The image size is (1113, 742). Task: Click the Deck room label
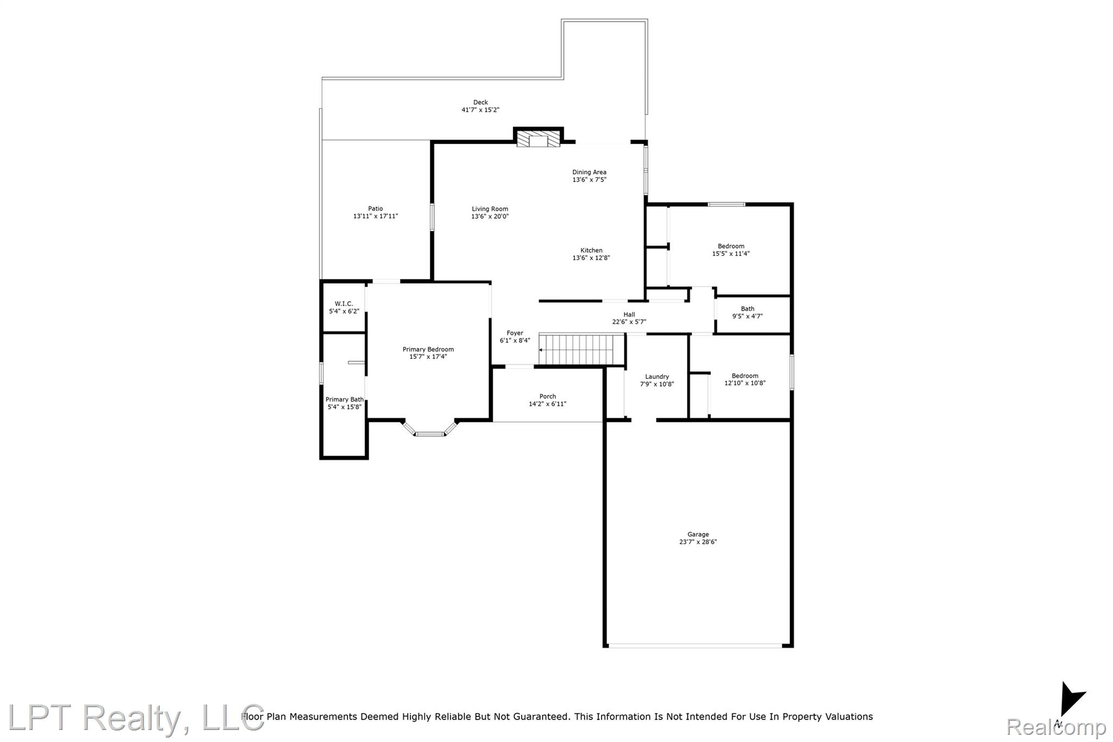(x=480, y=102)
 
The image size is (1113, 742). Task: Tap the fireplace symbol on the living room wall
(x=538, y=139)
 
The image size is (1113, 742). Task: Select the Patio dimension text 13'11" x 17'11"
(x=376, y=216)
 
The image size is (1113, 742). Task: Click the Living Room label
(x=490, y=209)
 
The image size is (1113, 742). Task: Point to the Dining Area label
(x=589, y=172)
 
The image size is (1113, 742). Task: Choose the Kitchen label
(x=591, y=251)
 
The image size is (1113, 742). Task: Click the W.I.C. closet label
(x=344, y=304)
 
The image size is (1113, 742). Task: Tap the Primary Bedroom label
(x=428, y=350)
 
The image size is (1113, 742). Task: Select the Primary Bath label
(x=345, y=400)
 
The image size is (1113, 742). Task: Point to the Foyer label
(x=515, y=333)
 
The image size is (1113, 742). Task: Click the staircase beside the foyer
(x=581, y=350)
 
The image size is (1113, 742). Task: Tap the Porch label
(x=548, y=396)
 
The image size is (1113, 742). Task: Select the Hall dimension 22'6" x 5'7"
(x=629, y=322)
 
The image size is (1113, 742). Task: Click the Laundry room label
(x=657, y=377)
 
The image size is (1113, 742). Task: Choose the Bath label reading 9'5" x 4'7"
(x=747, y=313)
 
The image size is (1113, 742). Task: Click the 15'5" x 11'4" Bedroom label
(x=731, y=250)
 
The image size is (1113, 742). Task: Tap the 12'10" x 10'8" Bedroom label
(x=745, y=379)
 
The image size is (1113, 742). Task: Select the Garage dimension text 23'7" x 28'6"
(x=698, y=542)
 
